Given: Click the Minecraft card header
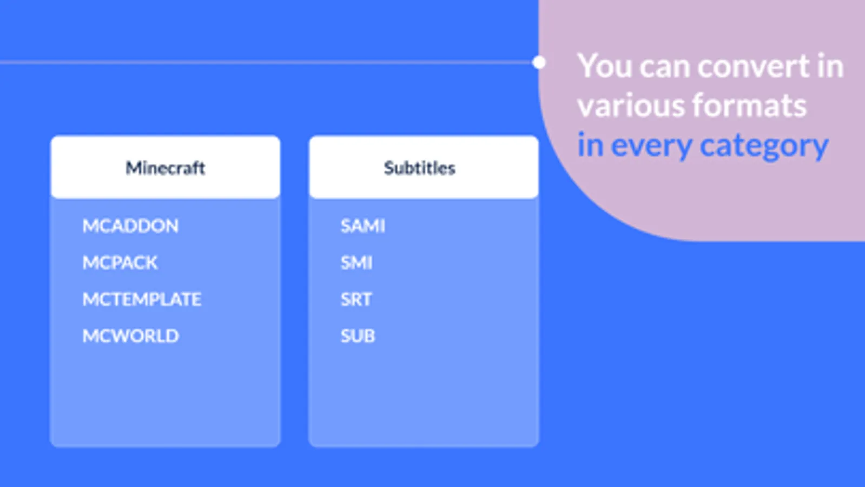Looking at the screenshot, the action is [166, 167].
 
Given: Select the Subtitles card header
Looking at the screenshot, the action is [424, 167].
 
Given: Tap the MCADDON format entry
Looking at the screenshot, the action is [130, 226].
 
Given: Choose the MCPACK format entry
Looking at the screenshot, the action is [120, 262].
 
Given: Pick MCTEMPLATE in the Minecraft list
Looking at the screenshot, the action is [142, 299].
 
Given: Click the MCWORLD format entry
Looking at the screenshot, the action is [130, 336].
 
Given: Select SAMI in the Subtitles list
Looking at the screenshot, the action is [363, 226].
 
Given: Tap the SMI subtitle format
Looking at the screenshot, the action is [356, 262].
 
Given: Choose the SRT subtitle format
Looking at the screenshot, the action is [356, 299].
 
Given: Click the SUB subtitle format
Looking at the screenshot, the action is [358, 336].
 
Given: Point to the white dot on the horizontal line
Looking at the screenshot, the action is [539, 62].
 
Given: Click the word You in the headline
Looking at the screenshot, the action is [605, 66].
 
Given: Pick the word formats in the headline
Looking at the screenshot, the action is [749, 106].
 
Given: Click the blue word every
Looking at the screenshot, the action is [651, 146].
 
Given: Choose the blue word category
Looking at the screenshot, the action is [764, 146].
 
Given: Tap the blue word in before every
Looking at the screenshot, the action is [590, 145].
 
